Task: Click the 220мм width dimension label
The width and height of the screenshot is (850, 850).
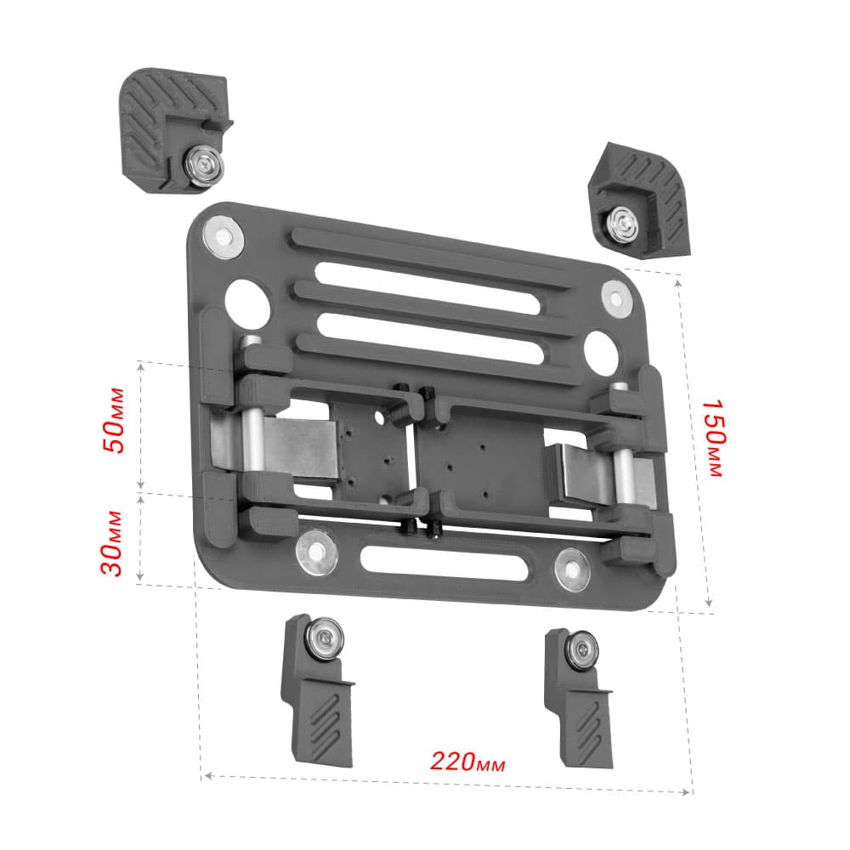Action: pos(467,762)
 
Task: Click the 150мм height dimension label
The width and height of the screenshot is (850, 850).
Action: pos(713,439)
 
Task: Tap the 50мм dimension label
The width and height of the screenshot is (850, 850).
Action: pos(115,420)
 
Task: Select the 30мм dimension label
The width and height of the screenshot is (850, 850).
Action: pos(112,543)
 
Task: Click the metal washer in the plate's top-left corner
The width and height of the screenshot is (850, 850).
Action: pos(224,237)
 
